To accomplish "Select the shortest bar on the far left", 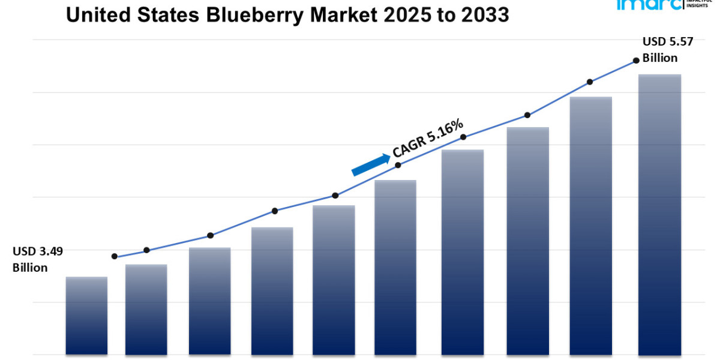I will click(86, 315).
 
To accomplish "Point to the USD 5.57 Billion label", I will click(660, 50).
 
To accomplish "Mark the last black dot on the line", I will click(635, 61).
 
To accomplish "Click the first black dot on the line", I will click(115, 256).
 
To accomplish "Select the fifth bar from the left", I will click(334, 280).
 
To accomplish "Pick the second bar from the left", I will click(146, 309).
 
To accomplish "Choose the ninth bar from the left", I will click(591, 225).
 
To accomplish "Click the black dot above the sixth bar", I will click(398, 164).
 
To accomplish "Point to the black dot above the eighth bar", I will click(527, 115).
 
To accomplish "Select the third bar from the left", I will click(209, 301).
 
